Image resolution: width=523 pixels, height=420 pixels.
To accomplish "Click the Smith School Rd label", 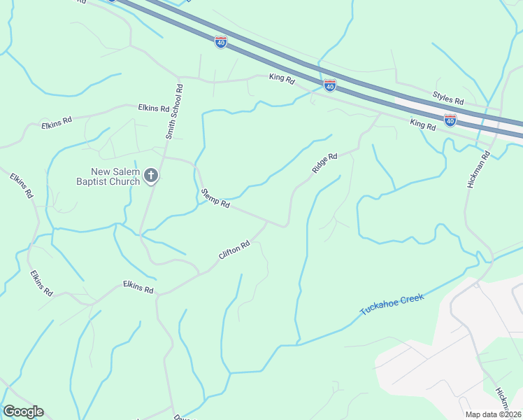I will (x=175, y=112).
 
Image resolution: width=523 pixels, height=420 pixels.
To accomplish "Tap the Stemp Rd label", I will (x=215, y=198).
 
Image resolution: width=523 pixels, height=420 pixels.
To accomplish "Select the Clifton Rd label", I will (x=234, y=251).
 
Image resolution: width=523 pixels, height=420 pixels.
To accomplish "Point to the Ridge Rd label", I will (x=325, y=164).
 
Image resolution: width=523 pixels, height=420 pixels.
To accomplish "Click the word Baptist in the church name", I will (x=98, y=181).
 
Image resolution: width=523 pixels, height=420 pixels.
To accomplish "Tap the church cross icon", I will (x=151, y=176).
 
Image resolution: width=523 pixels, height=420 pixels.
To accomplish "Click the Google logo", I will (x=23, y=412).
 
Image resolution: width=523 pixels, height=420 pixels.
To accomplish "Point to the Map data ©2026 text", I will (x=494, y=414).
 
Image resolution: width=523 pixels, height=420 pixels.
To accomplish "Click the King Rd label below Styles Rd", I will (x=423, y=125).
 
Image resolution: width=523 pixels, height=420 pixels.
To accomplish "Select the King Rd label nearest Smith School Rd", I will (x=282, y=79).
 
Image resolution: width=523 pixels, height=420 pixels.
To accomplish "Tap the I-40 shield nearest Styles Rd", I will (x=450, y=120).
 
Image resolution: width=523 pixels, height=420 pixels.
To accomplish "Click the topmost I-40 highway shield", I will (x=221, y=42).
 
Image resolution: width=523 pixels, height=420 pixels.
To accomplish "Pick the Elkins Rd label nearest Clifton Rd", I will (x=138, y=286).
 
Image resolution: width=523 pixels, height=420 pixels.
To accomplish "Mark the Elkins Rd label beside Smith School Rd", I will (x=153, y=108).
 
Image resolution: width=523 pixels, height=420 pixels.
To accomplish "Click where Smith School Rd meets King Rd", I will (x=180, y=77).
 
